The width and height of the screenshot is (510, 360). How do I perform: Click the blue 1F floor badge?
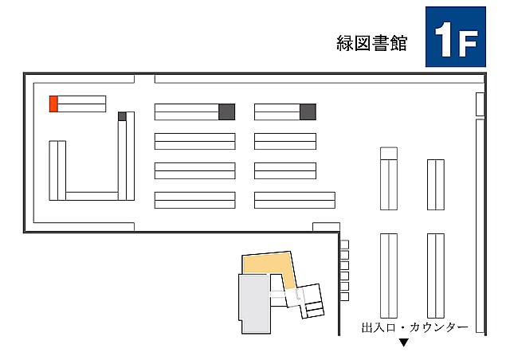pyautogui.click(x=455, y=37)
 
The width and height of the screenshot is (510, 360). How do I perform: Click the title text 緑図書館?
pyautogui.click(x=371, y=43)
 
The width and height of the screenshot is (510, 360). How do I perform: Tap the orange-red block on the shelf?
pyautogui.click(x=53, y=104)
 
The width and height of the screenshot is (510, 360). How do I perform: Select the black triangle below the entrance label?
pyautogui.click(x=404, y=342)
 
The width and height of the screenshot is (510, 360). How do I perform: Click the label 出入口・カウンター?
pyautogui.click(x=414, y=327)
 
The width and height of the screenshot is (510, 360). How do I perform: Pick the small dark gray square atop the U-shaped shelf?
pyautogui.click(x=122, y=116)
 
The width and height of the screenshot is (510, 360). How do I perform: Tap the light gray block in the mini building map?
pyautogui.click(x=254, y=303)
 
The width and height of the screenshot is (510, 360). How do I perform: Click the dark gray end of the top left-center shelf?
pyautogui.click(x=226, y=112)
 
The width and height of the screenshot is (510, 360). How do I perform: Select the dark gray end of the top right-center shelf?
pyautogui.click(x=308, y=112)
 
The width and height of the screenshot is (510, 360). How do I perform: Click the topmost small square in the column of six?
pyautogui.click(x=344, y=245)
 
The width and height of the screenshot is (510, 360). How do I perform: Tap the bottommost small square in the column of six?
pyautogui.click(x=344, y=296)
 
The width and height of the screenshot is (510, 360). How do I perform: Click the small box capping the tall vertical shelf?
pyautogui.click(x=389, y=154)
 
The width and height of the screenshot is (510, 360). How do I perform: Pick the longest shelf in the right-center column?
pyautogui.click(x=295, y=200)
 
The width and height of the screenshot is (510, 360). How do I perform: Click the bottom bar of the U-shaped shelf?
pyautogui.click(x=92, y=196)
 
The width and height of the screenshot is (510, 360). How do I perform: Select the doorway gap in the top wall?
pyautogui.click(x=144, y=79)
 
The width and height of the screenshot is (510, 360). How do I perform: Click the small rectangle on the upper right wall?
pyautogui.click(x=480, y=104)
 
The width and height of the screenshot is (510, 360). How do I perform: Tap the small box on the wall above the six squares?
pyautogui.click(x=326, y=227)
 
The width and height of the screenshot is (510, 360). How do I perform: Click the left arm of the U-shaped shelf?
pyautogui.click(x=57, y=170)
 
